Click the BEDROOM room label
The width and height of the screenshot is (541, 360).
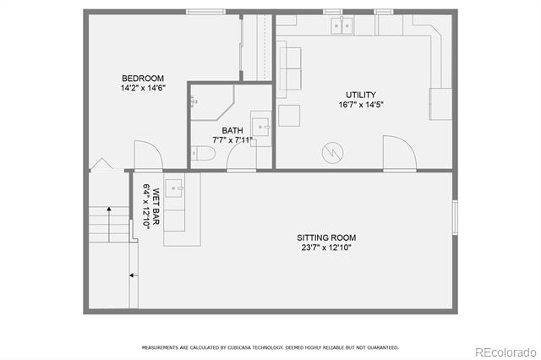click(143, 79)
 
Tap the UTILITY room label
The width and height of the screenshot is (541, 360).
click(361, 95)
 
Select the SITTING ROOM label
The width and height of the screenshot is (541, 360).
click(326, 237)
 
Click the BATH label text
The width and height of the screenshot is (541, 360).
click(232, 131)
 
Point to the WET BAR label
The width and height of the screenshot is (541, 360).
click(156, 206)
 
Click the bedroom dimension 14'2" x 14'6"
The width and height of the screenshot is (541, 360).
click(143, 88)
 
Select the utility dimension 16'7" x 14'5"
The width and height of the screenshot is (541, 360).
click(361, 105)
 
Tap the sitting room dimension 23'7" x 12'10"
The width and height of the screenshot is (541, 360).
click(326, 248)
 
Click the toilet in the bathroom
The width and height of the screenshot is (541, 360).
click(203, 154)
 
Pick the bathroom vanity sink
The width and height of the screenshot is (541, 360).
click(260, 127)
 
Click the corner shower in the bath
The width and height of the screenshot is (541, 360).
click(212, 102)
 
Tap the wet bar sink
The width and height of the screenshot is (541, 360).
click(173, 188)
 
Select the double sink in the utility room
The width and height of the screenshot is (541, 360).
click(342, 26)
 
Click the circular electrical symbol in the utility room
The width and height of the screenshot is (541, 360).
click(332, 153)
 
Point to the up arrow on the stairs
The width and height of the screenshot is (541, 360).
click(109, 224)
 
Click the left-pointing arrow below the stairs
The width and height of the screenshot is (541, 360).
click(134, 275)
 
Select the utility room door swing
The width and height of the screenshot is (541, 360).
click(400, 153)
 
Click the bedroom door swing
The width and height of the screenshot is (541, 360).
click(149, 155)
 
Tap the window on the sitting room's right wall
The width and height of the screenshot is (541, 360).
click(455, 217)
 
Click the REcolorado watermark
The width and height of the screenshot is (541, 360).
click(505, 352)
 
